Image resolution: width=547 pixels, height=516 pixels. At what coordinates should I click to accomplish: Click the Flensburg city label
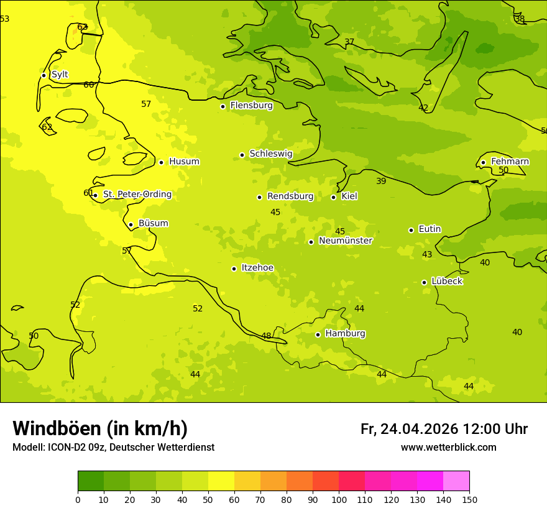(x=251, y=106)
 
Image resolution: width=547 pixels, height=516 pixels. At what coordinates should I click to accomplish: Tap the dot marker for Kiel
(x=333, y=197)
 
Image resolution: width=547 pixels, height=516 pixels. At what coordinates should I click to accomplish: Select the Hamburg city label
(x=345, y=334)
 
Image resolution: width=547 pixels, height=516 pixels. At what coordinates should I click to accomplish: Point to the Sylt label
(x=60, y=75)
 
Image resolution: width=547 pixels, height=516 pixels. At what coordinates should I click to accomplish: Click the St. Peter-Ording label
(x=137, y=195)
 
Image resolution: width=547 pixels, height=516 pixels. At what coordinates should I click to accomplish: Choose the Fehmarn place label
(x=510, y=162)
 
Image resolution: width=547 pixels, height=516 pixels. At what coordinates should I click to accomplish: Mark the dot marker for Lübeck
(x=424, y=282)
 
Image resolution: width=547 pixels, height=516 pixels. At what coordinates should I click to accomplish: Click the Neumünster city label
(x=345, y=241)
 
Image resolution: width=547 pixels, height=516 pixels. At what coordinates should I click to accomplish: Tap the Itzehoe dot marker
(x=234, y=269)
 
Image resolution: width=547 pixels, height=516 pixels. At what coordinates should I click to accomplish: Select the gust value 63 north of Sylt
(x=82, y=27)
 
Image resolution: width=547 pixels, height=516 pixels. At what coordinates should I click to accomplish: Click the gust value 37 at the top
(x=349, y=42)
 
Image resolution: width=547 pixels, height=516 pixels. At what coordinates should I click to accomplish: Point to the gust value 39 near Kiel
(x=381, y=182)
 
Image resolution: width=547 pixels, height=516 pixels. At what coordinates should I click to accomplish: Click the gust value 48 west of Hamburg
(x=266, y=336)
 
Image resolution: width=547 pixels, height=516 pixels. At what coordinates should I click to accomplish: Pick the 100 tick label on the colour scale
(x=339, y=499)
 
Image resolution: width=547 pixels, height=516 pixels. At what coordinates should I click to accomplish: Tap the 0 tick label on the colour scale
(x=78, y=499)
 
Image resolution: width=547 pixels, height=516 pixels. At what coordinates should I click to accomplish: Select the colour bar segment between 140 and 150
(x=456, y=481)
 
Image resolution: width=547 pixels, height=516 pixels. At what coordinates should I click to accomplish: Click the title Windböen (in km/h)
(x=100, y=428)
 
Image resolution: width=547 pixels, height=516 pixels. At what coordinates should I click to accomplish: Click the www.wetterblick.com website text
(x=448, y=448)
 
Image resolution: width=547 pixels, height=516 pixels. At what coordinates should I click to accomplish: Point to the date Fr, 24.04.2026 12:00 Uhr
(x=444, y=429)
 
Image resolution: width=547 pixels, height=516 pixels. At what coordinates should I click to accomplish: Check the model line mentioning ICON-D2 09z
(x=113, y=448)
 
